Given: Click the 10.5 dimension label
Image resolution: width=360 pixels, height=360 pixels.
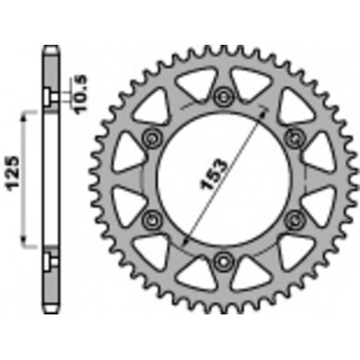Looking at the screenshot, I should click(80, 92).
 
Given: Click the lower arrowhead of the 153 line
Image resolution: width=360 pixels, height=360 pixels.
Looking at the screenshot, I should click(186, 240).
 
